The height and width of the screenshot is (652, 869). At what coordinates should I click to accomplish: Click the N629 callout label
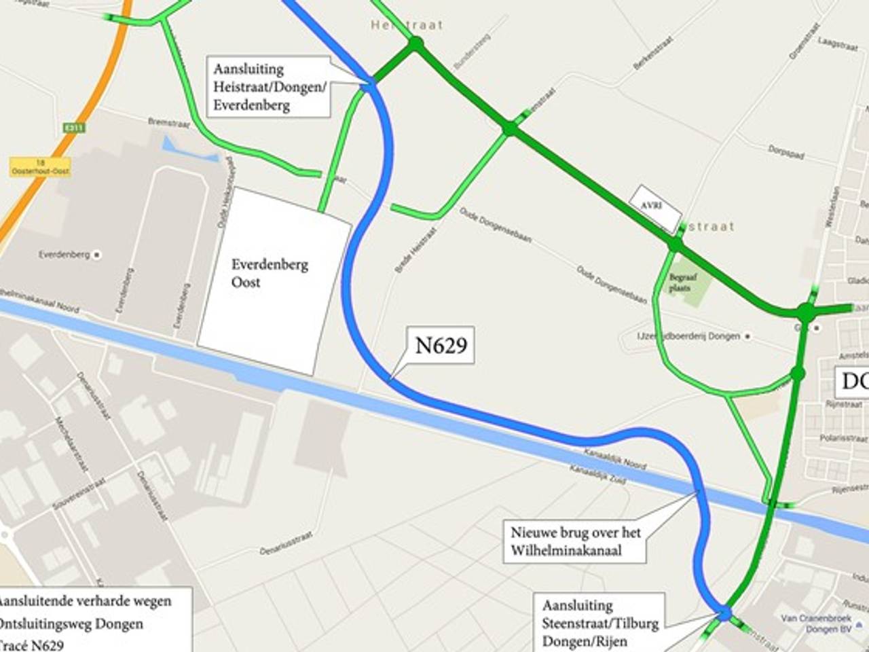tap(441, 346)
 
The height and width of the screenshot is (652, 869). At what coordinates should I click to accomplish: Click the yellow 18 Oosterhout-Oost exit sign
tap(40, 168)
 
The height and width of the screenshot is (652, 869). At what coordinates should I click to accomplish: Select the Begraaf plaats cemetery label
tap(680, 283)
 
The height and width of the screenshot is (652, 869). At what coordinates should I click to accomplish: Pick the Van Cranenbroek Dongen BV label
tap(816, 623)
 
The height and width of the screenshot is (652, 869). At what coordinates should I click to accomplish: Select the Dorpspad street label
tap(785, 151)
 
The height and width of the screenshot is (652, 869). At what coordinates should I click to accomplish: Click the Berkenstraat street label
tap(653, 53)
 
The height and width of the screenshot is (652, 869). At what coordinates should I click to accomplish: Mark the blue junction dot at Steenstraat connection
tap(724, 613)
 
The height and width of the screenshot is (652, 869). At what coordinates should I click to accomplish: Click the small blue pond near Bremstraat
tap(187, 149)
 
